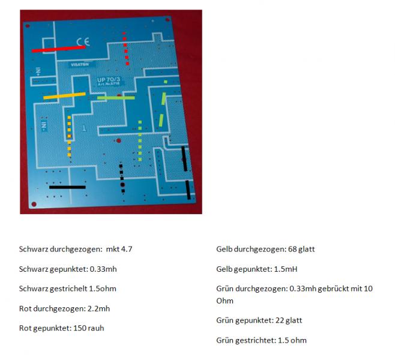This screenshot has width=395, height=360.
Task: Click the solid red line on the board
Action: (x=59, y=49)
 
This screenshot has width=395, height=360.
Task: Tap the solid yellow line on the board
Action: (x=64, y=96)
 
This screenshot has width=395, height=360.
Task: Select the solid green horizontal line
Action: (x=116, y=98)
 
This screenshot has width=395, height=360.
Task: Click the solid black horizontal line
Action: (x=67, y=187)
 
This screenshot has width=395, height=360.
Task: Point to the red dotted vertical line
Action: (x=125, y=49)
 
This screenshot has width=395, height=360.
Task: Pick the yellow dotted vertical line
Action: (x=69, y=136)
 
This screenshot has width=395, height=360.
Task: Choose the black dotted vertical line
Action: (x=122, y=178)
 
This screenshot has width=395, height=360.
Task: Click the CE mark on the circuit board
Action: (x=83, y=42)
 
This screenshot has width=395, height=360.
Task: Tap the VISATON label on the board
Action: (x=80, y=65)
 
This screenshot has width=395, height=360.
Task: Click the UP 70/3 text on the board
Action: (x=109, y=80)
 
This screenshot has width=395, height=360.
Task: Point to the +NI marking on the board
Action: (x=38, y=72)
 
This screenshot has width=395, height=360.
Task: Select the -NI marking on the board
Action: (x=44, y=125)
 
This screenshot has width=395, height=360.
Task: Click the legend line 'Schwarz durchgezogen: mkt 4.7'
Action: (x=76, y=249)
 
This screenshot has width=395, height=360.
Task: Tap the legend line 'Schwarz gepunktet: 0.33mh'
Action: (x=68, y=269)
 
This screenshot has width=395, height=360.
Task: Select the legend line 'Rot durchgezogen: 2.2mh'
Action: (x=64, y=308)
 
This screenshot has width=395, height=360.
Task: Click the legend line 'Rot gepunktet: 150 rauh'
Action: (x=62, y=328)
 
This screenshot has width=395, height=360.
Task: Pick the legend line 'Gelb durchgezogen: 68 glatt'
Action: (x=265, y=249)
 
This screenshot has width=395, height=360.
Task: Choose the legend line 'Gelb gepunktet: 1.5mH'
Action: (x=257, y=269)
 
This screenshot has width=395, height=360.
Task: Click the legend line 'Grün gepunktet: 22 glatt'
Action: (x=259, y=320)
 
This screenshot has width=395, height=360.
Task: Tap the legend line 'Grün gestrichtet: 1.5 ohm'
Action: (x=262, y=340)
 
